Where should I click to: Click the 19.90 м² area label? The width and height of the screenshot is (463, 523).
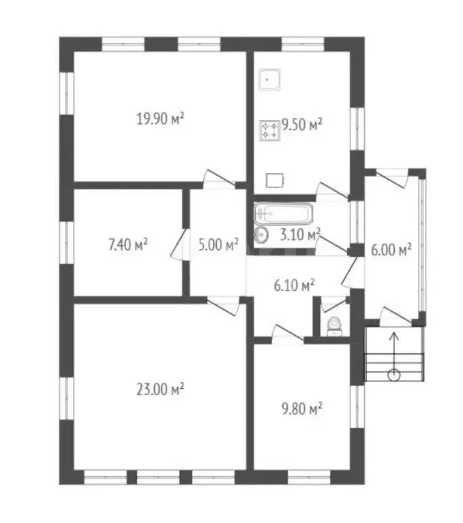160,118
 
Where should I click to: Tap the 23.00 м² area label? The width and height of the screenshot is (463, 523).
160,389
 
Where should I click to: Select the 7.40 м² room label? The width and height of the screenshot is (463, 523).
128,244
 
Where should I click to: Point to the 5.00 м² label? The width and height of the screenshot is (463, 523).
218,244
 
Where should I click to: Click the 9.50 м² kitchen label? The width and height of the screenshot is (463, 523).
302,125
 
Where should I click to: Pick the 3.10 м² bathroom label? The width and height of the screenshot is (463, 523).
300,234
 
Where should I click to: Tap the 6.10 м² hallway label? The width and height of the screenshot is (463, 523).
294,285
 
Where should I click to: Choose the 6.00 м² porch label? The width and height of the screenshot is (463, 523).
391,249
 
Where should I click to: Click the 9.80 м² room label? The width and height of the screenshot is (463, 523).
302,409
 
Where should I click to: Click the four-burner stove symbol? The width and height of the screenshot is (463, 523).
270,131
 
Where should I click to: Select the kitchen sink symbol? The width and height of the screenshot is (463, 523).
269,80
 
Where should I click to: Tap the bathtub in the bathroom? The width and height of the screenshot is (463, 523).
284,213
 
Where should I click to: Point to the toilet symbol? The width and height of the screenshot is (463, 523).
334,326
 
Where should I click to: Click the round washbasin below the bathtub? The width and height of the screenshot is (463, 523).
261,236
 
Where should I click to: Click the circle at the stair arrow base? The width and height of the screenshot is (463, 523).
394,375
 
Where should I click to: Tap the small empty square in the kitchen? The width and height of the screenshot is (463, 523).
275,180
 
